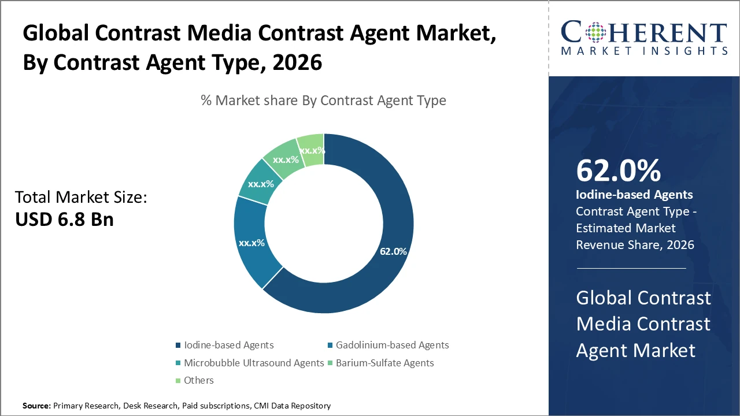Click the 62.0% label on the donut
(x=393, y=251)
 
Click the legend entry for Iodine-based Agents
(x=228, y=345)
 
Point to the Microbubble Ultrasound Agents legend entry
(x=253, y=363)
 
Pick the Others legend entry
(x=198, y=380)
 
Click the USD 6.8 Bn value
(x=64, y=220)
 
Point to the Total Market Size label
(x=81, y=198)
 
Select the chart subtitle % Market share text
(x=323, y=101)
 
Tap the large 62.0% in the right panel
(x=618, y=171)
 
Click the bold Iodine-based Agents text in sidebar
(x=634, y=195)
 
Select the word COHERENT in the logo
(x=643, y=33)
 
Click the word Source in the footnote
(x=36, y=406)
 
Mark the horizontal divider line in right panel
(x=631, y=268)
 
